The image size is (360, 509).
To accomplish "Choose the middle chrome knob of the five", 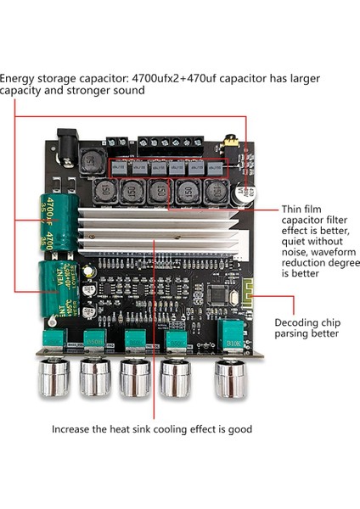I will [136, 378].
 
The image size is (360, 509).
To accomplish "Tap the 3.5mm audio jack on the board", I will [228, 145].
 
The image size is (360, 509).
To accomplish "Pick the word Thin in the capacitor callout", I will [291, 209].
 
